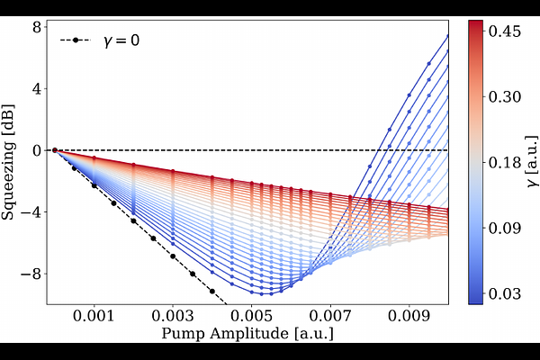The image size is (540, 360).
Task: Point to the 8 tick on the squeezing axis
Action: click(37, 27)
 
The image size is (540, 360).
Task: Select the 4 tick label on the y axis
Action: click(37, 89)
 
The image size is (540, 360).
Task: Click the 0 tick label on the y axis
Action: click(37, 150)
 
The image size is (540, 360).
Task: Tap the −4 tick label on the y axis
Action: click(33, 212)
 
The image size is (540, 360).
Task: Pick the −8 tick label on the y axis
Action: click(33, 274)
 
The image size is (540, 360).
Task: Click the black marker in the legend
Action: click(76, 40)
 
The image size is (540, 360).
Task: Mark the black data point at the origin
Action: click(55, 150)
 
